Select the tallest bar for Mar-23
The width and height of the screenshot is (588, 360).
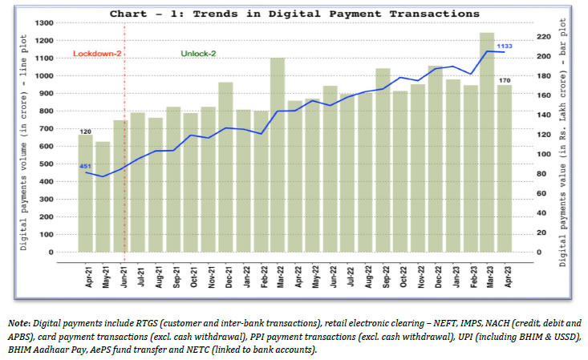pos(487,144)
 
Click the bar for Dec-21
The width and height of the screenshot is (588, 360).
pos(225,168)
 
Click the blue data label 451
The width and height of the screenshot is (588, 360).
pos(85,166)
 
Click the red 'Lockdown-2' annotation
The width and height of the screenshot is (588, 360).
pos(95,54)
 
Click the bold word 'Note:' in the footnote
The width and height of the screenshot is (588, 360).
pos(18,322)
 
